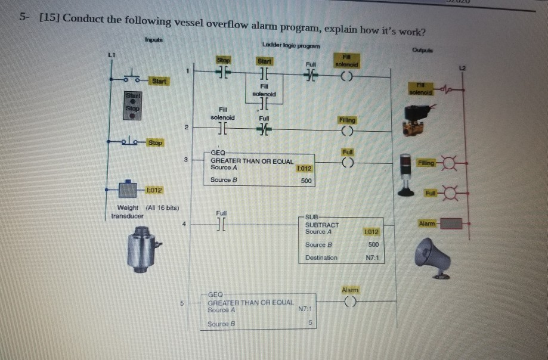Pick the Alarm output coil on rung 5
pos(349,302)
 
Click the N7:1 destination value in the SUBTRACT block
pos(373,257)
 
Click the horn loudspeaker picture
pos(432,257)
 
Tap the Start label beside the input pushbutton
pos(159,80)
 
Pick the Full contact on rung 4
pos(222,225)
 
